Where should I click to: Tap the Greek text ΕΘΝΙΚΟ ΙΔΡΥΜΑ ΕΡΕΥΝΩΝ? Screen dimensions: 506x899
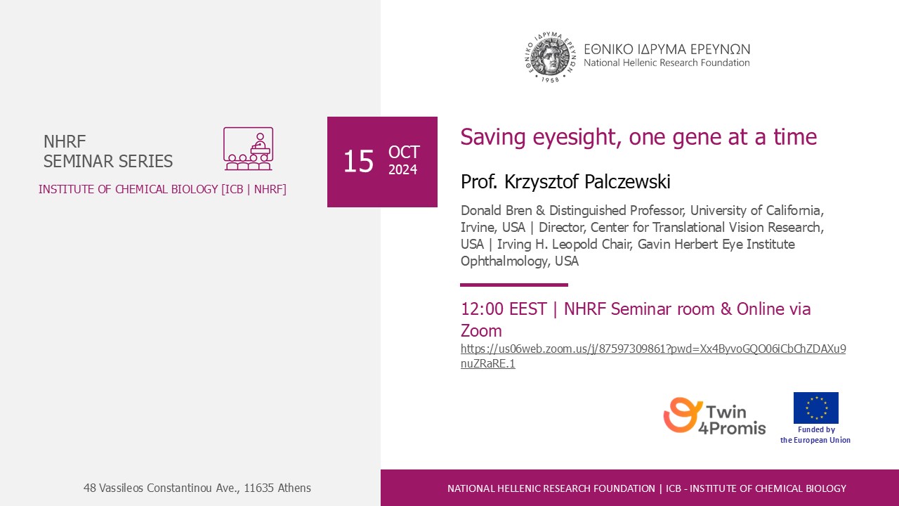point(667,49)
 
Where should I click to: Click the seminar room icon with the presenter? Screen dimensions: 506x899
point(248,148)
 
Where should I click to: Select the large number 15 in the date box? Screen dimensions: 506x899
point(358,162)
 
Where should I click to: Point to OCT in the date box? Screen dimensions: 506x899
point(404,153)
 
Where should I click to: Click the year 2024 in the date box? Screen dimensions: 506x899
point(402,170)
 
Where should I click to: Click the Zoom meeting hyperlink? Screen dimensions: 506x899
point(653,356)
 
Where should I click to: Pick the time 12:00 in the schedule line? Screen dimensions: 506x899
point(481,309)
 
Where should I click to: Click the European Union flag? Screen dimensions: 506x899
point(815,408)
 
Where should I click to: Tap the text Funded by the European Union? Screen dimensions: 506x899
point(815,435)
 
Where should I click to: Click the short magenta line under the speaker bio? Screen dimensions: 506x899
point(513,285)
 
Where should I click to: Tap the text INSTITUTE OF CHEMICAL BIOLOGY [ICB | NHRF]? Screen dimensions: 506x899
point(162,189)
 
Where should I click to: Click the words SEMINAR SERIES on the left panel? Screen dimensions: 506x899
point(108,162)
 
